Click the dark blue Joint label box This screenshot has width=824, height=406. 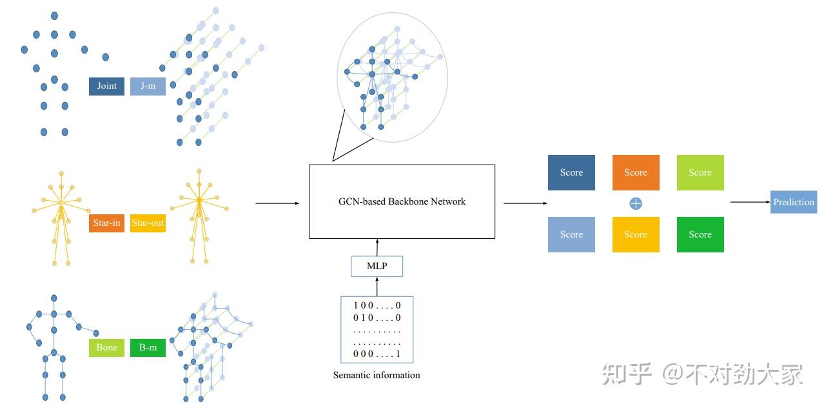coord(106,86)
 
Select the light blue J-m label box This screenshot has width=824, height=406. coord(148,86)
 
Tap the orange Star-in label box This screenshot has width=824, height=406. coord(106,223)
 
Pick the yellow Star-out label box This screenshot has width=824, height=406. coord(148,223)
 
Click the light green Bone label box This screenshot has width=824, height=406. coord(106,348)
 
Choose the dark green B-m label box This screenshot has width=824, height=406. coord(148,348)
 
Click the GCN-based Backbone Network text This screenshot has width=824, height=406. coord(402,201)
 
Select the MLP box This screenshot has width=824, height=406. coord(377,267)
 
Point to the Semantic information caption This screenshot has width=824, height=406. coord(377,375)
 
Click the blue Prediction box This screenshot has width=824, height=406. coord(794,202)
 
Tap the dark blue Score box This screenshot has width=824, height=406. coord(571,172)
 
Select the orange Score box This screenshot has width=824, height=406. coord(635,172)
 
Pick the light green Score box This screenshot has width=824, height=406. coord(700,172)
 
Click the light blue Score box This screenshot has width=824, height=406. coord(571,234)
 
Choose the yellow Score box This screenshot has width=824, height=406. coord(635,234)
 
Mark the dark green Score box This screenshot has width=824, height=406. coord(700,234)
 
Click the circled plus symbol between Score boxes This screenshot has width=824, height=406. coord(636,203)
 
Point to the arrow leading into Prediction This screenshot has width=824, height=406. coord(750,202)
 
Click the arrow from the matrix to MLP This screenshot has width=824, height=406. coord(377,287)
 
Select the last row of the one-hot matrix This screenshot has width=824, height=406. coord(377,354)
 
